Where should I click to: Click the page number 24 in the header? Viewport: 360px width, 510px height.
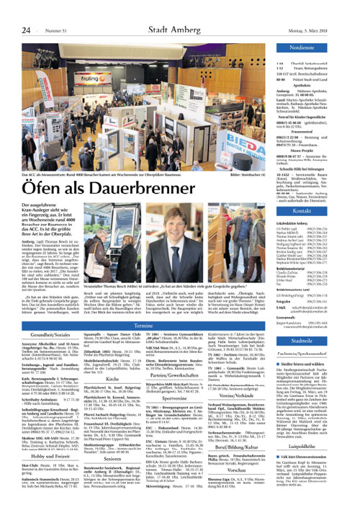[x=26, y=30]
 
